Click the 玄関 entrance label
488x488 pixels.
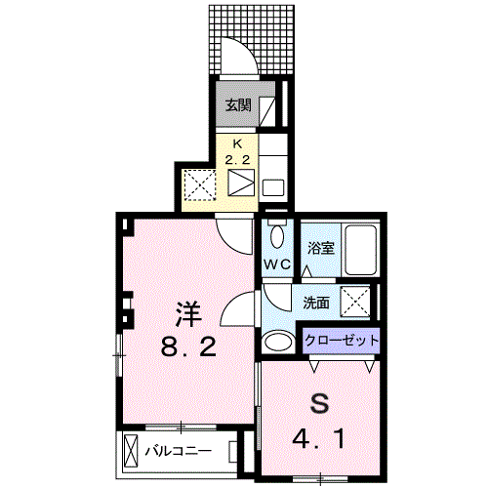238,105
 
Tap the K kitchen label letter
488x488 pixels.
237,144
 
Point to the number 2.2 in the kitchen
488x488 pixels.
237,160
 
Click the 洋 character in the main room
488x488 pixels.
188,314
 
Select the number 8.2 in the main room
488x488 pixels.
188,346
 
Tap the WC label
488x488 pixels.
277,264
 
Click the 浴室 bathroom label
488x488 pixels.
321,249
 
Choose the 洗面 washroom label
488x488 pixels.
316,303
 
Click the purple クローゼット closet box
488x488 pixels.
342,341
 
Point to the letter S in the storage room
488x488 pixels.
319,404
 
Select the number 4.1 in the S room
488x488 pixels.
319,439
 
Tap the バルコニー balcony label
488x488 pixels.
179,451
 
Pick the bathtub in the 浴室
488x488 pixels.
360,249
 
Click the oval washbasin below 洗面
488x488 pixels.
278,342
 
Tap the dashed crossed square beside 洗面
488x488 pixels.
355,301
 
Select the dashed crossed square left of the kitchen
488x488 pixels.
200,185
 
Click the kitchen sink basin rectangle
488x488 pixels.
273,187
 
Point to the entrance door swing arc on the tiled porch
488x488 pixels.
246,49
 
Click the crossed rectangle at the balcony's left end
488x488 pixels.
131,452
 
